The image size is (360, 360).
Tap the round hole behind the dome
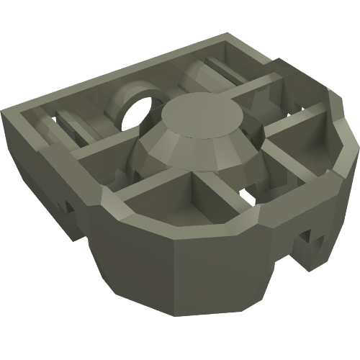tap(138, 110)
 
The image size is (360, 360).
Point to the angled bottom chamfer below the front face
tap(180, 317)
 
